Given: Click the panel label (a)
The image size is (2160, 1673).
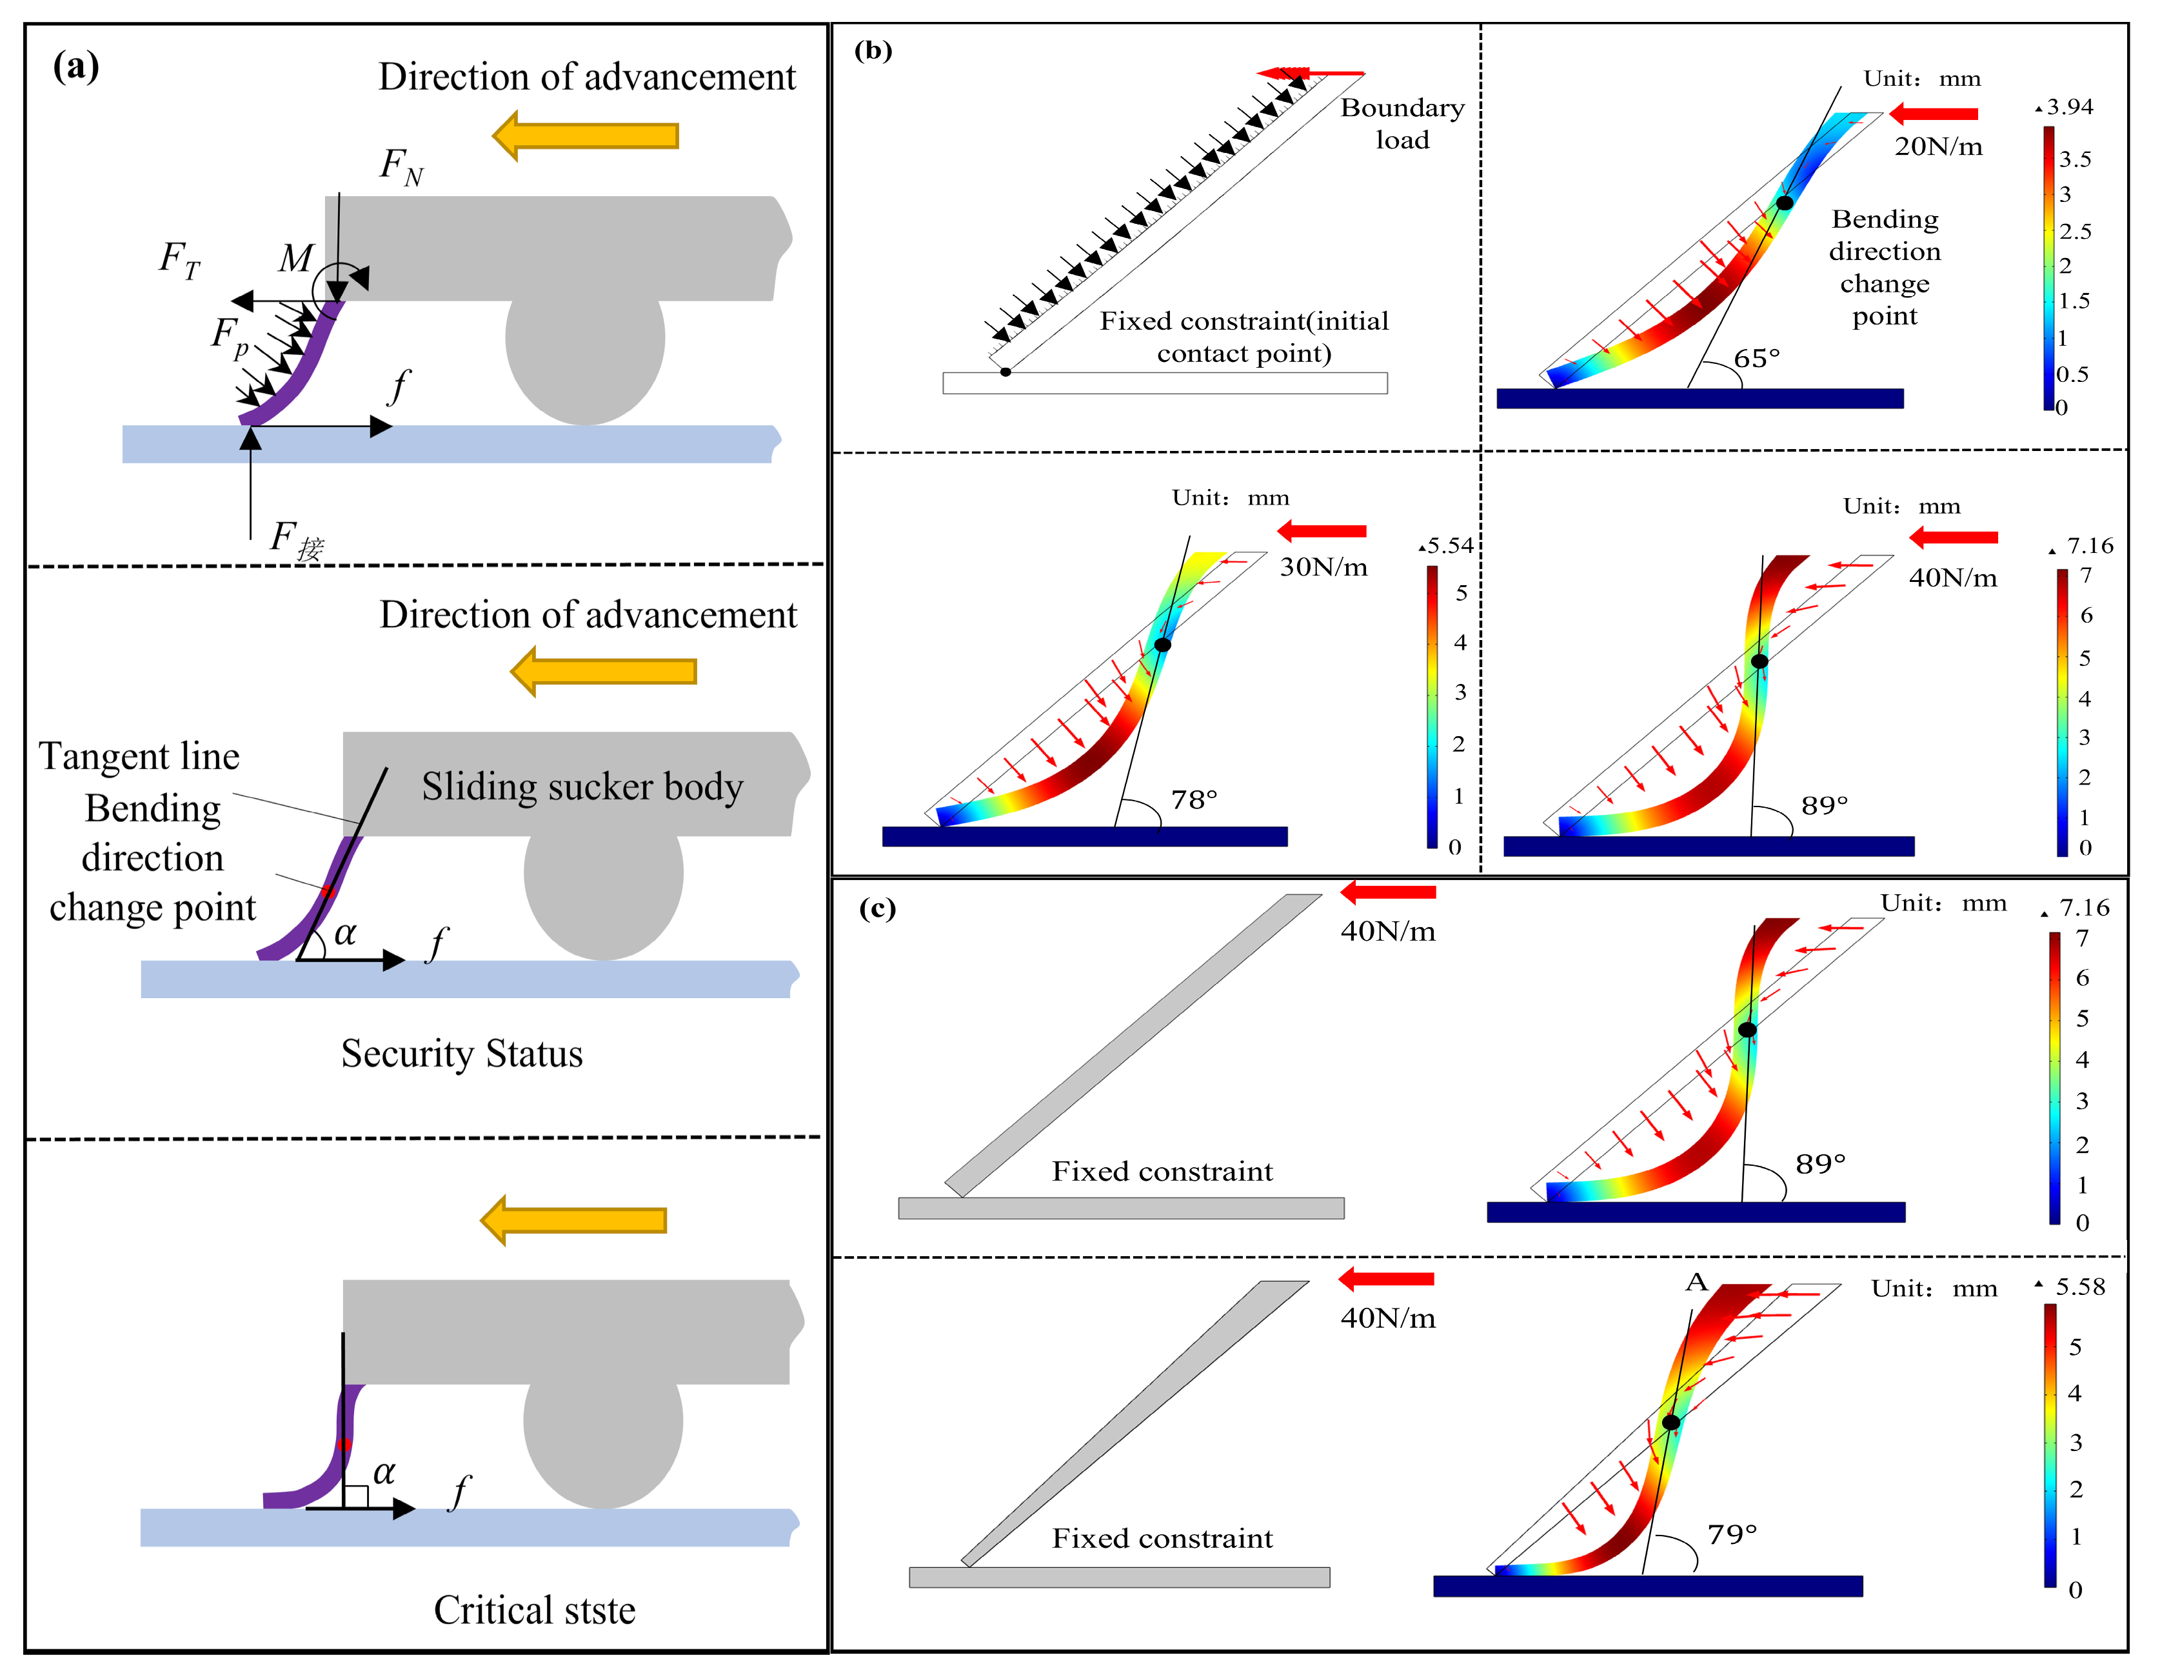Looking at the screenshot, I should tap(75, 66).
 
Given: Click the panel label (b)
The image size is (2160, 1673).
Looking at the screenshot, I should tap(872, 50).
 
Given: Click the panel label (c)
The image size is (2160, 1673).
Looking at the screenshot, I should tap(877, 908).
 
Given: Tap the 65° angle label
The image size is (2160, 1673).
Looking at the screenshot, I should tap(1756, 358).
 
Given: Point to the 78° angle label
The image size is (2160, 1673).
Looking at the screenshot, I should tap(1194, 799).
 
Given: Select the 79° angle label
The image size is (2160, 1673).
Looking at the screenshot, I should tap(1732, 1534).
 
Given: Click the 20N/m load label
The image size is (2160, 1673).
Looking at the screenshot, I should tap(1937, 147).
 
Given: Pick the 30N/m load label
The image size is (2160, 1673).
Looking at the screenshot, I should tap(1323, 568).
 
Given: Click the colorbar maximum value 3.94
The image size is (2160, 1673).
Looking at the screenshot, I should tap(2069, 107).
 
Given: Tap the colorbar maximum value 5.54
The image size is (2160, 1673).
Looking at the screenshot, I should tap(1449, 546).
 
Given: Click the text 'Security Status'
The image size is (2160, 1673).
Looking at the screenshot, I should tap(462, 1054).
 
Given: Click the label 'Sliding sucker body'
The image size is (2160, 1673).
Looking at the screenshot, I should tap(582, 786).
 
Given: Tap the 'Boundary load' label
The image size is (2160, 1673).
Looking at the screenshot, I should tap(1402, 124).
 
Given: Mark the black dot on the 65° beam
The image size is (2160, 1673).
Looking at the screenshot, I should tap(1784, 203).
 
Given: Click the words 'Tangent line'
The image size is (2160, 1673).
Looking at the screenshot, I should tap(139, 757).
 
